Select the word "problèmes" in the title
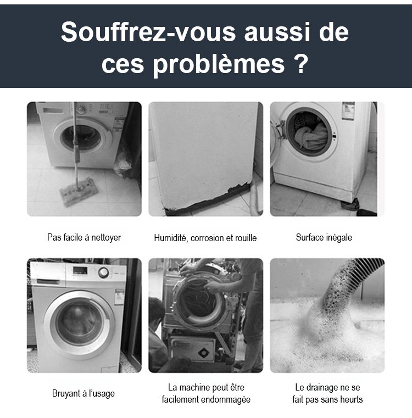coord(219,65)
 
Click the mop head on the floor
coord(79,191)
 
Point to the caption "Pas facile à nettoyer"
coord(83,237)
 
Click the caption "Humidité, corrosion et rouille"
coord(205,238)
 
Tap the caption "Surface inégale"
coord(324,237)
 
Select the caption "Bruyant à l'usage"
coord(83,393)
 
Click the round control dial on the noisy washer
coord(103,272)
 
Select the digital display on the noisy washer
coord(80,271)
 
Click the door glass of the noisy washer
coord(79,324)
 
